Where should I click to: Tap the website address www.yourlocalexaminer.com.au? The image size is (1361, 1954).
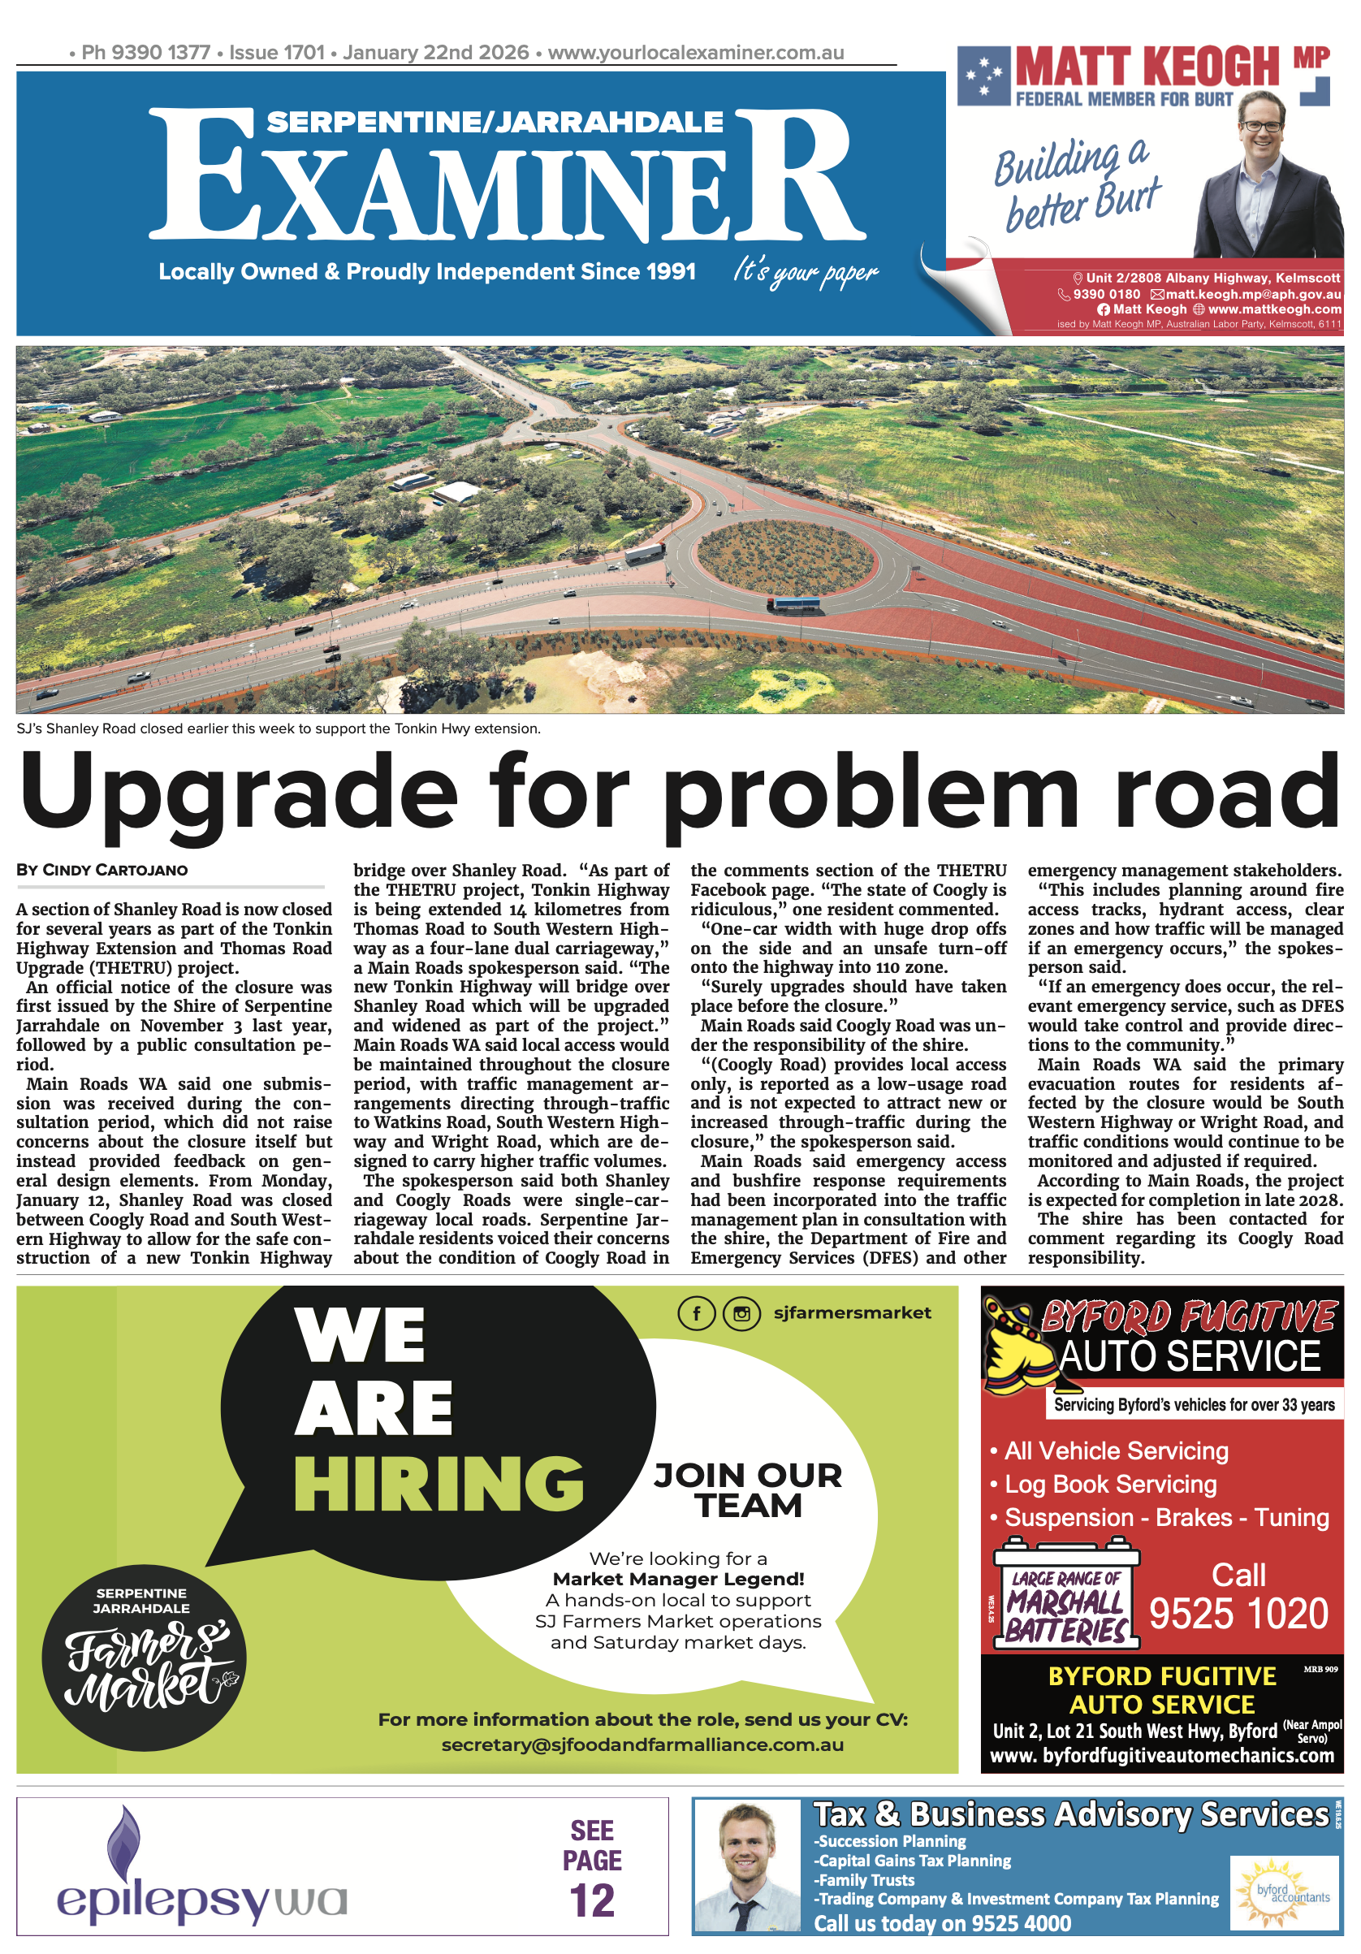coord(695,53)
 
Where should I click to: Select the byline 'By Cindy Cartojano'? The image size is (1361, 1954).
coord(102,870)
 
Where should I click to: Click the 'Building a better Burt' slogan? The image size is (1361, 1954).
coord(1077,184)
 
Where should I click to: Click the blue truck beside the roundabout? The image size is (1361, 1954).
coord(793,605)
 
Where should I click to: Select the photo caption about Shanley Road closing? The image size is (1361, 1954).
coord(279,728)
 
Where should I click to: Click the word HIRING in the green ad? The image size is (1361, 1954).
coord(439,1484)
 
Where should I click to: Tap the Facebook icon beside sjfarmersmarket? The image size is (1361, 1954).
coord(695,1313)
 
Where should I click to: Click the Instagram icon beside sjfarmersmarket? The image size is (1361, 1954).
coord(741,1313)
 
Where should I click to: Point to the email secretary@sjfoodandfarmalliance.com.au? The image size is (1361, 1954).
coord(642,1744)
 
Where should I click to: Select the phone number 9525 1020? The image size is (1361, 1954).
coord(1238,1615)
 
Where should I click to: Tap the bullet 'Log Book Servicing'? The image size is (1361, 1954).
coord(1110,1485)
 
